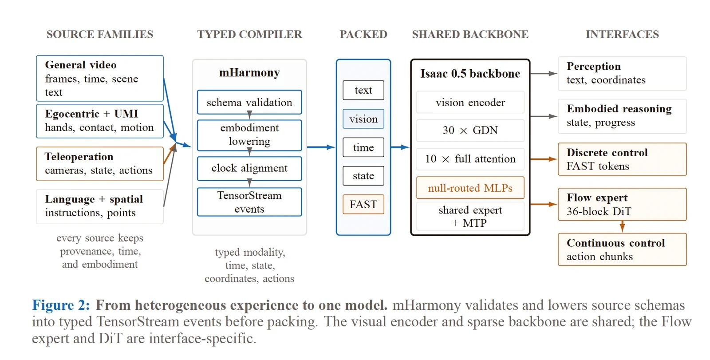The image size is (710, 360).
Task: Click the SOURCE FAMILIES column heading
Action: [100, 34]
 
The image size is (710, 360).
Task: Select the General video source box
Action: [100, 78]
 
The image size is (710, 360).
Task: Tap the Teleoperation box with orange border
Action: [100, 164]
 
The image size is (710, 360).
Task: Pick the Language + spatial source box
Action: [100, 206]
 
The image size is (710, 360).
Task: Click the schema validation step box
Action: [249, 102]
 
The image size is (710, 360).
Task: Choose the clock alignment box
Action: [249, 168]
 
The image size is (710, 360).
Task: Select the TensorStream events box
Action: [249, 202]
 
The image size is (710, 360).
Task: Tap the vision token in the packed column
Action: [363, 119]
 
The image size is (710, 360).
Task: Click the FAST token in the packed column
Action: [363, 204]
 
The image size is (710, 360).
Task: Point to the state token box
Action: [363, 176]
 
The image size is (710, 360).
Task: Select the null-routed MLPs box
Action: [470, 188]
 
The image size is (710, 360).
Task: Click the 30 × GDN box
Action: [470, 131]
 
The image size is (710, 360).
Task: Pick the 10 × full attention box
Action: [470, 159]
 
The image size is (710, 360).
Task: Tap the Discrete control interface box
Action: [622, 159]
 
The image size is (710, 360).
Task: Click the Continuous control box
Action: [622, 249]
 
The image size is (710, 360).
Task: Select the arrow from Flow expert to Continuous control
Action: [622, 227]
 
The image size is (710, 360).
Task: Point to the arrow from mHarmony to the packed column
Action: [321, 147]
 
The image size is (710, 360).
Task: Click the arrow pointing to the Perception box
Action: [544, 74]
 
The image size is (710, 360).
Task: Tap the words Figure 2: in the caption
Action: [61, 305]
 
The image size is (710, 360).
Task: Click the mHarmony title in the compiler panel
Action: [249, 73]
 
